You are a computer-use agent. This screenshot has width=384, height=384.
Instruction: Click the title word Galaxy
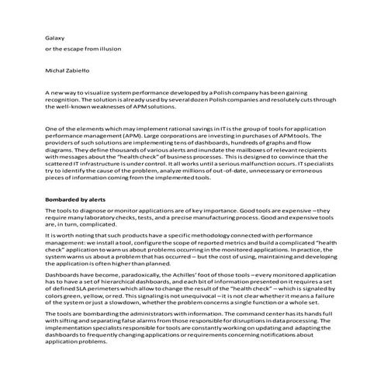[x=54, y=36]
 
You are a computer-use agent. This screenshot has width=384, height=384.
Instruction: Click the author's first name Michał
[x=56, y=71]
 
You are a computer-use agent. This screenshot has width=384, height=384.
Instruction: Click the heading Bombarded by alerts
[x=74, y=200]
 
